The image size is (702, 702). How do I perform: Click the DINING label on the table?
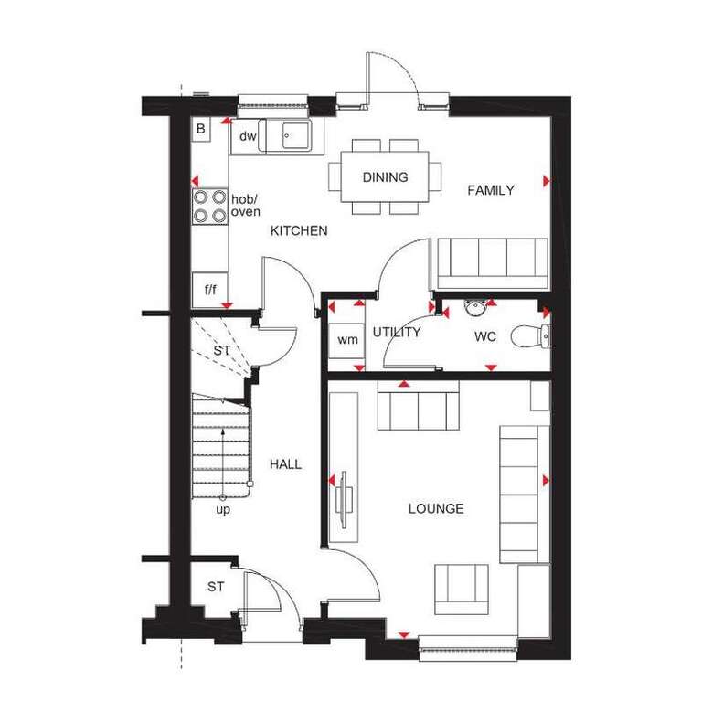click(385, 177)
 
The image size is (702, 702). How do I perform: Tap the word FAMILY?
click(491, 190)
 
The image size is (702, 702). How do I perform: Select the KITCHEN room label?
click(299, 231)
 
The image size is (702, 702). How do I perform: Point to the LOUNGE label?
click(436, 508)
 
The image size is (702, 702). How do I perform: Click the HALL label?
click(285, 464)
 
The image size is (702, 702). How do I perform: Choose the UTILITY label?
click(397, 332)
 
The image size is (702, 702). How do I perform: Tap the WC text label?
click(485, 336)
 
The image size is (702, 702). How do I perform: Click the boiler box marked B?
click(201, 129)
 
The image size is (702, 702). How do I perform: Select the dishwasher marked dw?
click(248, 136)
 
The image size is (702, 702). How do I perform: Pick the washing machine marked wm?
click(347, 340)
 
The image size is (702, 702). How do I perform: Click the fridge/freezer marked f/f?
click(210, 290)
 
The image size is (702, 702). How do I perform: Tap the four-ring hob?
click(210, 206)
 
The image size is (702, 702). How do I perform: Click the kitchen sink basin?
click(296, 134)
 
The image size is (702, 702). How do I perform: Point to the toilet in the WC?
click(530, 336)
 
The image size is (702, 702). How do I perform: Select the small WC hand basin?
click(474, 307)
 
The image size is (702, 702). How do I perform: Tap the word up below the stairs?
click(223, 510)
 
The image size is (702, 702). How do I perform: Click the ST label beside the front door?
click(216, 587)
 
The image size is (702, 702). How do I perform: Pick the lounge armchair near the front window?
click(461, 590)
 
